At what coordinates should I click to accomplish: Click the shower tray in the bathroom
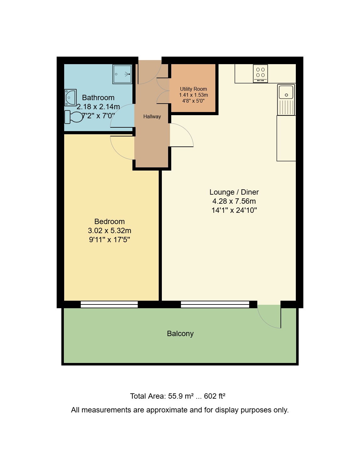click(122, 74)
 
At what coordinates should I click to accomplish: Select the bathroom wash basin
click(70, 97)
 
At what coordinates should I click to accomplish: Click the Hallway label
click(152, 116)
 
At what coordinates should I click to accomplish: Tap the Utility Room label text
click(193, 89)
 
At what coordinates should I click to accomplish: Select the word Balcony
click(180, 334)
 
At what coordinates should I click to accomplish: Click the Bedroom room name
click(110, 222)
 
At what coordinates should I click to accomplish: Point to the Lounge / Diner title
click(234, 192)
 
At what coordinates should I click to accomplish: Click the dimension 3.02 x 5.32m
click(110, 231)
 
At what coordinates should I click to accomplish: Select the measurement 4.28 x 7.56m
click(234, 201)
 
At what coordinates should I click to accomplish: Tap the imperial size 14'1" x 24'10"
click(234, 210)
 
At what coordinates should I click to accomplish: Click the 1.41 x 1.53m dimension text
click(193, 95)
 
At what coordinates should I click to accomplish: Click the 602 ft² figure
click(215, 396)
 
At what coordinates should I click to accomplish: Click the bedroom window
click(109, 304)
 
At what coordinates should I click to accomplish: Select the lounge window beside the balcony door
click(215, 304)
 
